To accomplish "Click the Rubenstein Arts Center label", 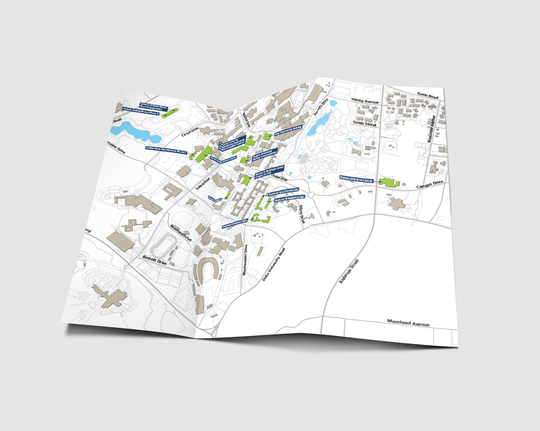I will click(356, 179).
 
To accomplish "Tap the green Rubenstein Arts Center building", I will click(388, 182).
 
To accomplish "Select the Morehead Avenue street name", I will click(408, 323).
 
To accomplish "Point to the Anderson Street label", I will click(349, 271).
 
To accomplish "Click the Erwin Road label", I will click(428, 95).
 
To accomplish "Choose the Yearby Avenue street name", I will click(364, 100).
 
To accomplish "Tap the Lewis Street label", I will click(364, 123).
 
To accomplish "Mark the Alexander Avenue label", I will click(431, 129).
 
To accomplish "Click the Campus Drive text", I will click(429, 184).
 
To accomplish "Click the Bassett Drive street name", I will click(155, 260).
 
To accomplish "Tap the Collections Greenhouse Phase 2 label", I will click(166, 150).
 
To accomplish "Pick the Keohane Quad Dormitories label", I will click(283, 192).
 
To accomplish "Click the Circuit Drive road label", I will click(190, 132).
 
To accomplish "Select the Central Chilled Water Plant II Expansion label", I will click(154, 107).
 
